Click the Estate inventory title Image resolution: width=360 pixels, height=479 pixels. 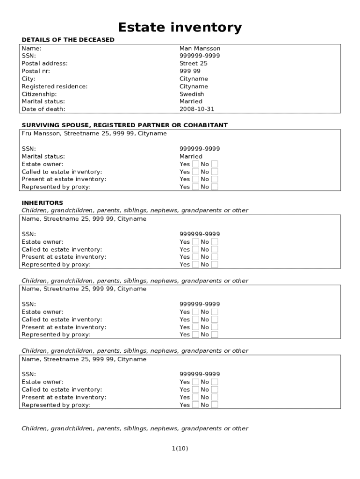pos(180,28)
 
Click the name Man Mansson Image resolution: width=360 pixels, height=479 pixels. pos(200,48)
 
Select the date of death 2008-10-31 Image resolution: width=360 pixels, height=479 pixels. pos(197,109)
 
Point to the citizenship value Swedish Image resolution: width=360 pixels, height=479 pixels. pos(192,94)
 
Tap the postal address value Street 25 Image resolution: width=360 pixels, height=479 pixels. pos(194,64)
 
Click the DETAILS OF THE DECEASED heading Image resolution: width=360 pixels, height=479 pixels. pos(68,40)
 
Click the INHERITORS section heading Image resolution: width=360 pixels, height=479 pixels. pos(42,203)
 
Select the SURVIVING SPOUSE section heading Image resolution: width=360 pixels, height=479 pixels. pos(124,125)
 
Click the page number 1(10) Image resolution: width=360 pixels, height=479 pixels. pos(180,449)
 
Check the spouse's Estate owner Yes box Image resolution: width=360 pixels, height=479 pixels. pos(195,164)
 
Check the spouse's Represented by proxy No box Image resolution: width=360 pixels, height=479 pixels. pos(215,187)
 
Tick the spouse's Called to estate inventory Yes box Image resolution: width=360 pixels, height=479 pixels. pos(195,172)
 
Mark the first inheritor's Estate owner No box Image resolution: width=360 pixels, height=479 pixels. pos(215,242)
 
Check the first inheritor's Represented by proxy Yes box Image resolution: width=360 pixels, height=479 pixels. pos(195,264)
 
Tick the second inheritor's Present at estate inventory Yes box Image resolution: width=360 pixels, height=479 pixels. pos(195,327)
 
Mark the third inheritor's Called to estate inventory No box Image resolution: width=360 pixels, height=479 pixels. pos(215,389)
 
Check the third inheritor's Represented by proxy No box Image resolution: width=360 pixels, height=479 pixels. pos(215,405)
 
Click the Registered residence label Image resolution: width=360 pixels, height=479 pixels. pos(54,87)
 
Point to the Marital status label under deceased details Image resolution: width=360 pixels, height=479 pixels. pos(43,102)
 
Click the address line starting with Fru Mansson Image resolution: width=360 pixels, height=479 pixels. pos(94,134)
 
